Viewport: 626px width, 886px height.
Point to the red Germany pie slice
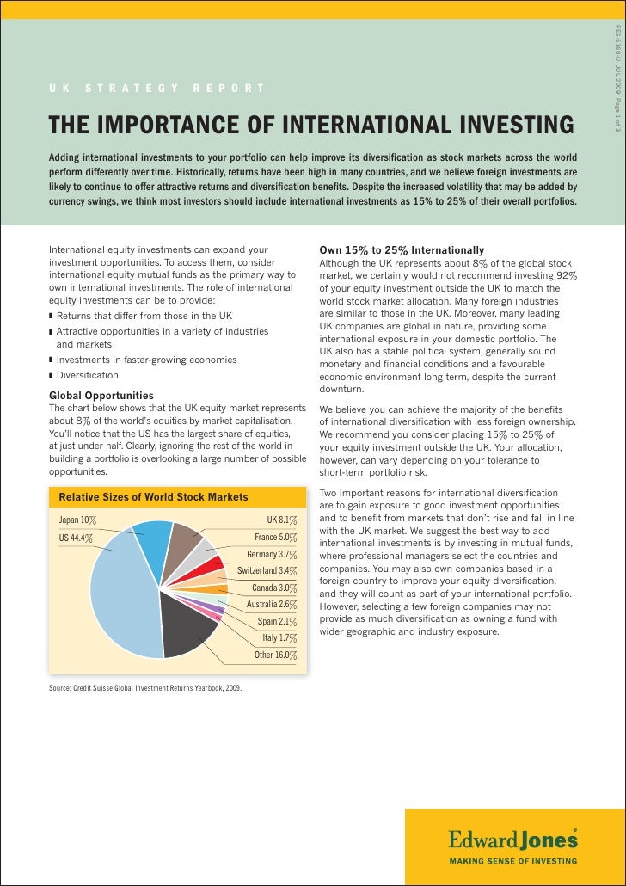(x=209, y=571)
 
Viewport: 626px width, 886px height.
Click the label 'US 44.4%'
(x=76, y=538)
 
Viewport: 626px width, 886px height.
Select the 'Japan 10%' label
(x=77, y=520)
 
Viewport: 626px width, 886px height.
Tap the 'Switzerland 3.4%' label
(x=267, y=570)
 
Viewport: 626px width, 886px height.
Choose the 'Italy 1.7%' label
(x=279, y=637)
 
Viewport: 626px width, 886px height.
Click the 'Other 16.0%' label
(x=274, y=655)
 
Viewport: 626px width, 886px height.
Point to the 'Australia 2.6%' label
(x=272, y=604)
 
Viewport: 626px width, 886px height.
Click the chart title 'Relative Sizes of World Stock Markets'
(x=153, y=497)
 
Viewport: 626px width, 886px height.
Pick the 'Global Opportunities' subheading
(x=101, y=395)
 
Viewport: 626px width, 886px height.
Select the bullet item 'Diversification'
(x=88, y=376)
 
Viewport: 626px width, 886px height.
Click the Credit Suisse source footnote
(x=145, y=689)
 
